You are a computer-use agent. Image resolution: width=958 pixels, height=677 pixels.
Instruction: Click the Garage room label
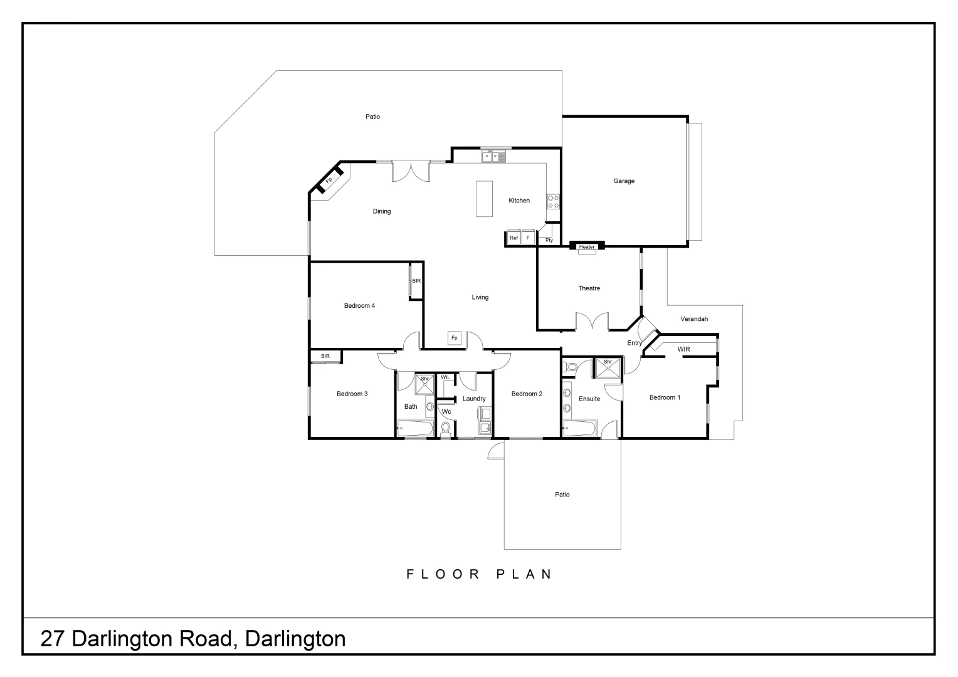click(x=624, y=181)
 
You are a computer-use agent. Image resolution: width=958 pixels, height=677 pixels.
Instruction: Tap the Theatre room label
click(x=589, y=288)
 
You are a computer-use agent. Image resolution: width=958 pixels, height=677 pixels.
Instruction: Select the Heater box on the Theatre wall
click(x=587, y=247)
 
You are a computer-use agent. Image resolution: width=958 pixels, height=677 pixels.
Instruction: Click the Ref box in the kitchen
click(x=514, y=238)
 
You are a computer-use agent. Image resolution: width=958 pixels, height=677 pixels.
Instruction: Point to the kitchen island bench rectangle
click(x=484, y=199)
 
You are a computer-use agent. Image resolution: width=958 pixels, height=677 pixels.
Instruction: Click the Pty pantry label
click(x=549, y=240)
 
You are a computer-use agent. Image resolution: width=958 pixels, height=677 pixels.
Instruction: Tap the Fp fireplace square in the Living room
click(x=455, y=338)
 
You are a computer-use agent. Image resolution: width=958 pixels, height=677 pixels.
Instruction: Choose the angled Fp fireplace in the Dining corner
click(x=329, y=181)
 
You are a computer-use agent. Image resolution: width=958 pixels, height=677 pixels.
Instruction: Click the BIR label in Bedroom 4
click(x=416, y=281)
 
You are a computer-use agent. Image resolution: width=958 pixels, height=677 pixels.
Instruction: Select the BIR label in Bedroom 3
click(x=325, y=356)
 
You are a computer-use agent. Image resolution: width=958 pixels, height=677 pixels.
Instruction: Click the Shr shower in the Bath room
click(x=424, y=384)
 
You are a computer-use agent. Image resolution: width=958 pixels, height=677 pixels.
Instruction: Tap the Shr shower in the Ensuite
click(x=608, y=367)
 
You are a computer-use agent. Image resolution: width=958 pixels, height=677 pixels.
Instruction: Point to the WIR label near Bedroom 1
click(x=683, y=349)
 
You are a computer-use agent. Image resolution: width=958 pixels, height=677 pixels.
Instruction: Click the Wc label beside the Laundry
click(x=446, y=412)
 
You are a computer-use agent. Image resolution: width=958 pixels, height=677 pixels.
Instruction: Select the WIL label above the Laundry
click(x=446, y=377)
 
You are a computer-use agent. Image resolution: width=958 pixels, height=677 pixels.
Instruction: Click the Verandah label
click(x=694, y=319)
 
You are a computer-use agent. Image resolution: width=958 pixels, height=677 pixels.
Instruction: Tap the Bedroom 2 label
click(x=527, y=394)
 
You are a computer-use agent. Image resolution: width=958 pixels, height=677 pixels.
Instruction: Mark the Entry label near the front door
click(x=634, y=343)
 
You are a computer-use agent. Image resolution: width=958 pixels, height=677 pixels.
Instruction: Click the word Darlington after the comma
click(x=295, y=639)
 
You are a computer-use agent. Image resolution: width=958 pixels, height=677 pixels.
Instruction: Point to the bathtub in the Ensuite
click(x=579, y=429)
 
